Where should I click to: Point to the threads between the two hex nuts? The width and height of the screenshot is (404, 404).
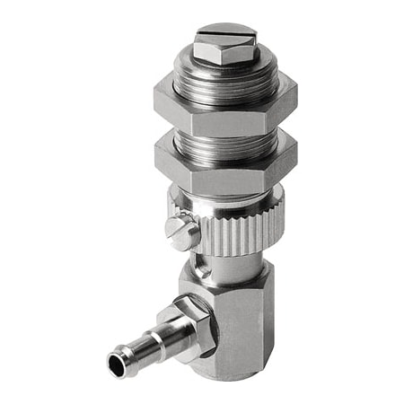tap(224, 132)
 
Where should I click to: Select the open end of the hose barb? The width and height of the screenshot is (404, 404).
tap(119, 364)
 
